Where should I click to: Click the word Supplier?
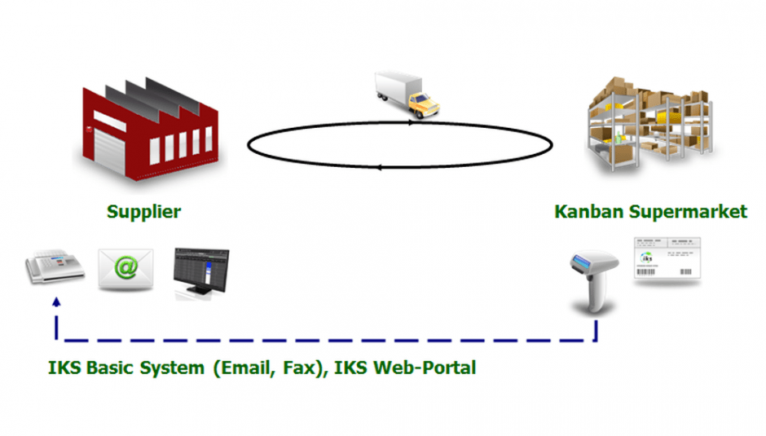tap(143, 212)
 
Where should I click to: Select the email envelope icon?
tap(125, 269)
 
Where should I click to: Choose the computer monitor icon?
tap(200, 272)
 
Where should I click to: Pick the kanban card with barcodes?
tap(667, 260)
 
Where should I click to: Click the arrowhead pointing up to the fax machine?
tap(56, 302)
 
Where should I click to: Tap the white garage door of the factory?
tap(109, 147)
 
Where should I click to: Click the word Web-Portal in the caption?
tap(425, 368)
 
